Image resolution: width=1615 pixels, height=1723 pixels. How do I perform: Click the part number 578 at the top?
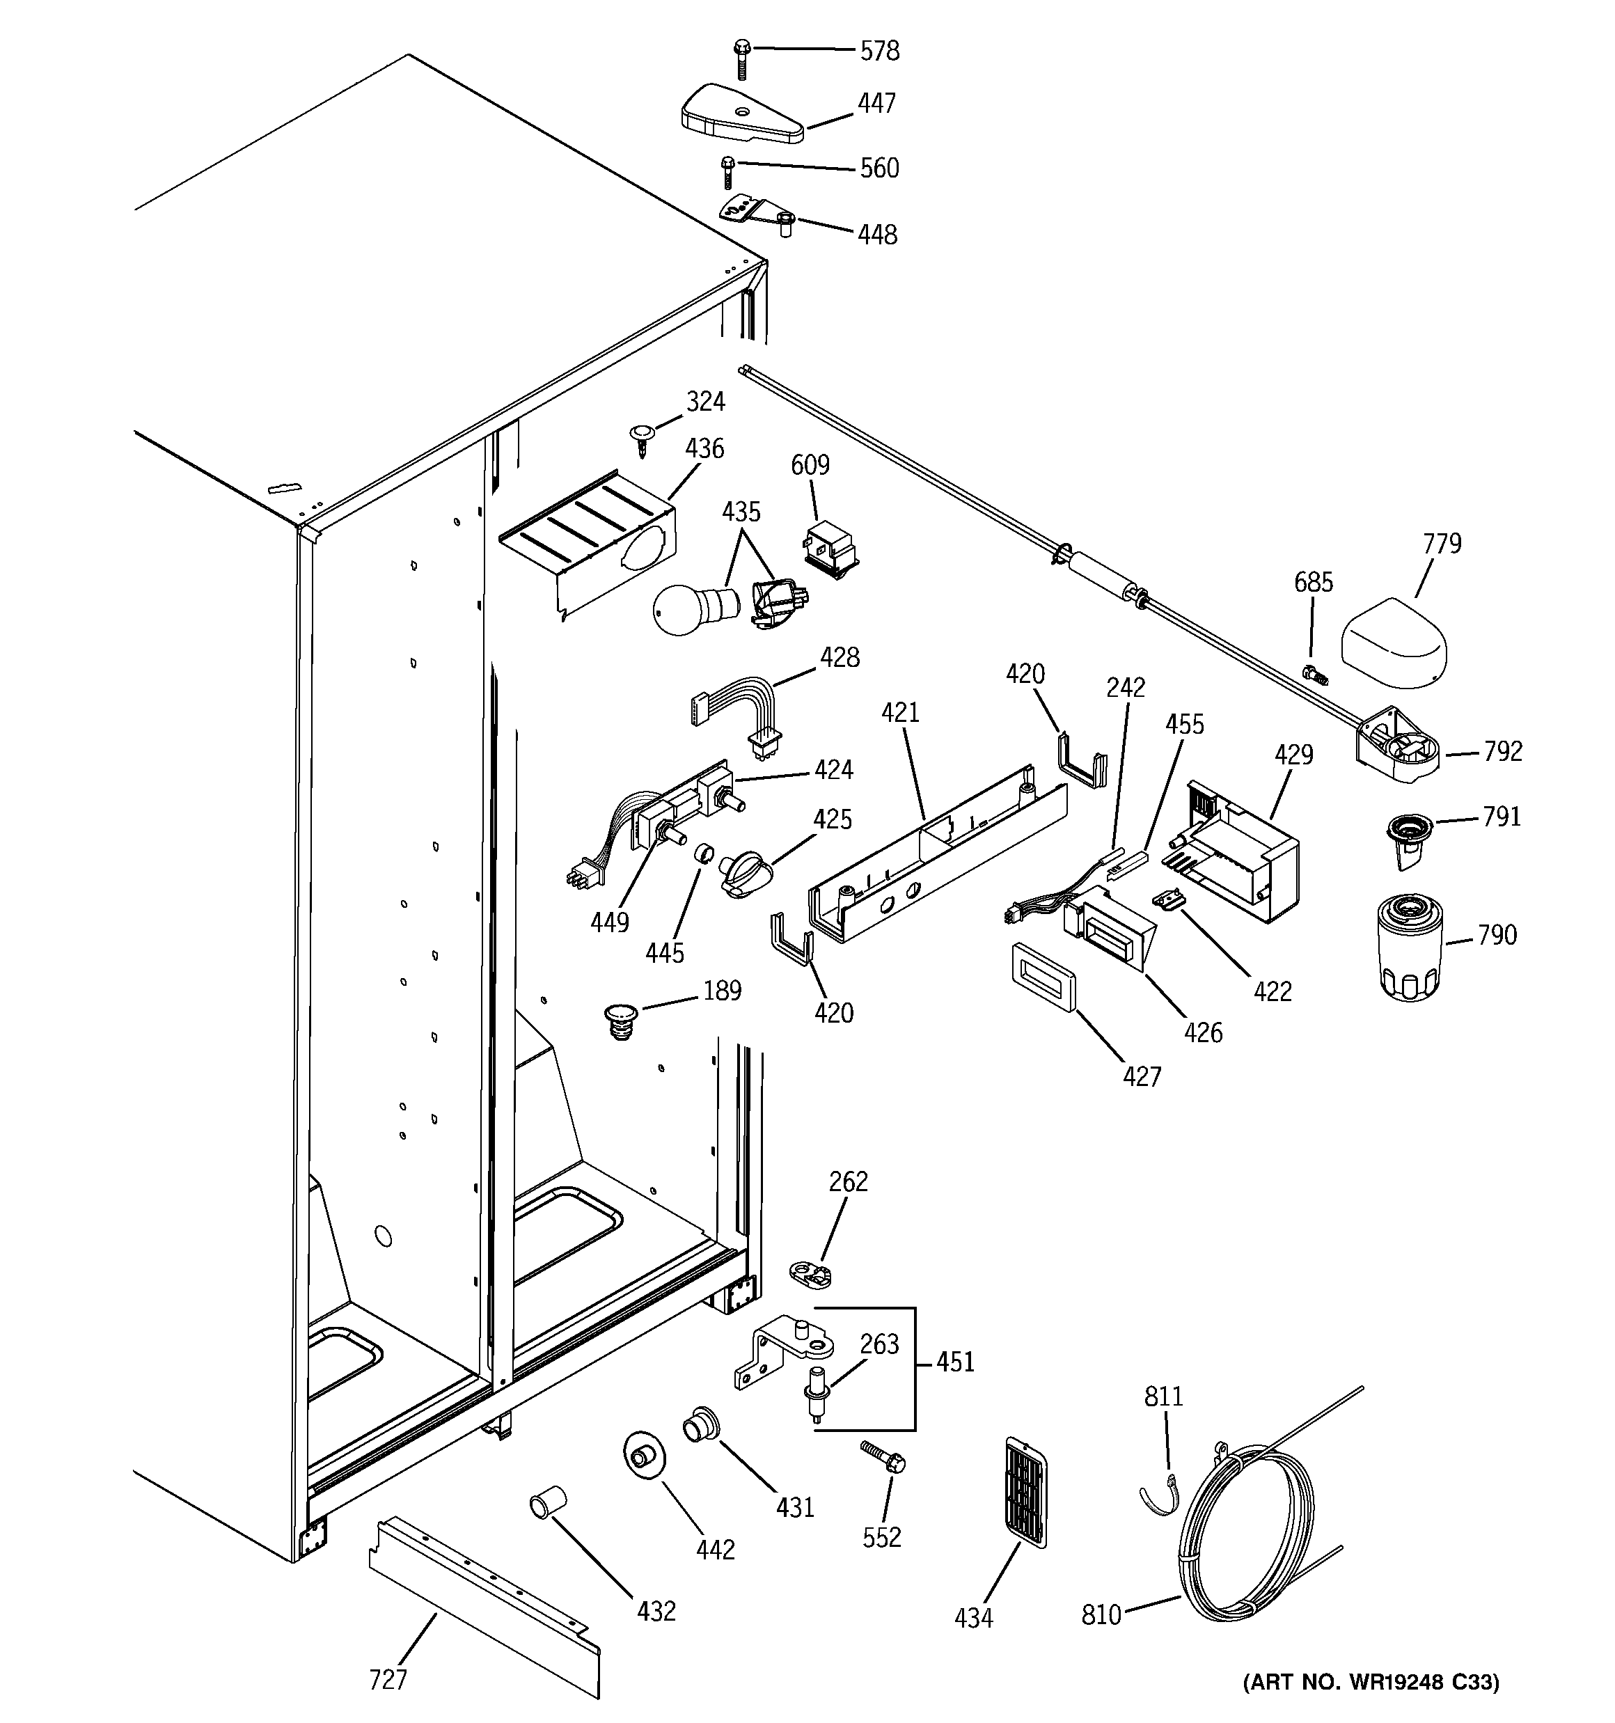pyautogui.click(x=879, y=51)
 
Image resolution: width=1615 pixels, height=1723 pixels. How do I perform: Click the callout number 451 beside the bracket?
pyautogui.click(x=954, y=1362)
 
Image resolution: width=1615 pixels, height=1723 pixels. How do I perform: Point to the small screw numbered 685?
pyautogui.click(x=1316, y=672)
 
